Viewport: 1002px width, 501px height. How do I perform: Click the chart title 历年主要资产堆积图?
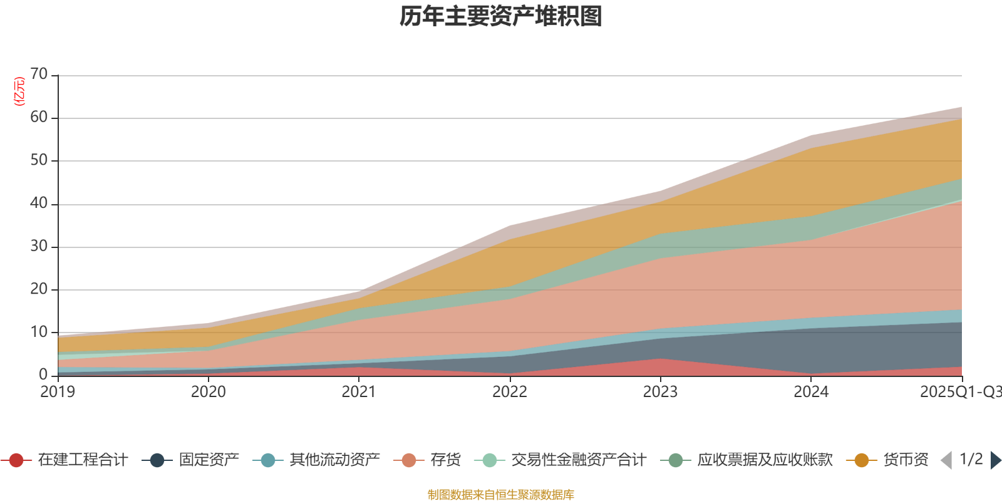tap(501, 17)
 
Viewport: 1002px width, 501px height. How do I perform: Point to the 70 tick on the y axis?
tap(39, 75)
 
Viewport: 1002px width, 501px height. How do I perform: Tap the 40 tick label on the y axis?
tap(39, 203)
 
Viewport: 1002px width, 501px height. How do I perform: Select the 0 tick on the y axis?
tap(43, 374)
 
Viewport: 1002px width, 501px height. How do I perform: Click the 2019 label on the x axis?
tap(58, 392)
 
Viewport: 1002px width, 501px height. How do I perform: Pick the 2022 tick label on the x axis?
tap(510, 392)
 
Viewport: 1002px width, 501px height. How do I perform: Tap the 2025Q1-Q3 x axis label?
tap(960, 392)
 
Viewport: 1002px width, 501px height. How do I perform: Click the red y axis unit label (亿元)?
tap(19, 91)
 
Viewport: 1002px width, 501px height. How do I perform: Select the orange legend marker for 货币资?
tap(862, 460)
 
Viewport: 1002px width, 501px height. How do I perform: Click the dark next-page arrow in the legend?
tap(995, 460)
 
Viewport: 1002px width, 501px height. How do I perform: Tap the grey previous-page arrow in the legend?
tap(946, 460)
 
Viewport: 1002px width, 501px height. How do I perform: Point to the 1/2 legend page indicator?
tap(971, 460)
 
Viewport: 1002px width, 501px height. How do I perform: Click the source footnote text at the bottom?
tap(501, 495)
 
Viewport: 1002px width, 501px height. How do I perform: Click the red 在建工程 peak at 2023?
tap(660, 366)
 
